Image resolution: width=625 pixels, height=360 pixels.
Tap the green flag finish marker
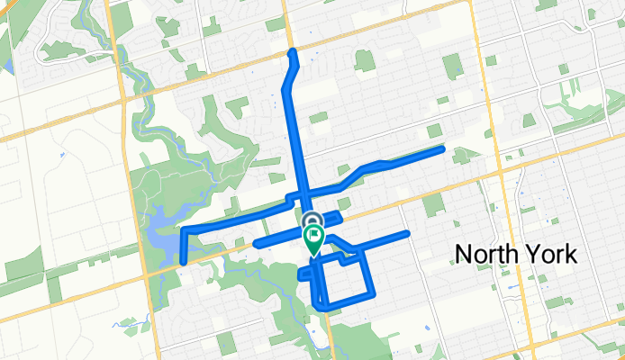(x=313, y=240)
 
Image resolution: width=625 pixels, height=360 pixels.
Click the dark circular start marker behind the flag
(x=312, y=221)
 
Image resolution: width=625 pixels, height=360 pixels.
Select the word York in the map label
(x=551, y=254)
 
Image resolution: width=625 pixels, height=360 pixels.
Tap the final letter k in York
(x=571, y=254)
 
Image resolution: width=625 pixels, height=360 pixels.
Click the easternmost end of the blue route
(x=441, y=148)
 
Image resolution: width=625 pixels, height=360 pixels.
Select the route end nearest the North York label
(x=407, y=234)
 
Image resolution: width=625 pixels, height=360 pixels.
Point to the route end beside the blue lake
(x=183, y=262)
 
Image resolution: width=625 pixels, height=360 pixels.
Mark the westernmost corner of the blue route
(x=183, y=231)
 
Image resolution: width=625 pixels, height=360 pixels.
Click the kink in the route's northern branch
(x=286, y=88)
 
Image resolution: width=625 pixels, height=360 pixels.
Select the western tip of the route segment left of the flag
(x=258, y=244)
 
